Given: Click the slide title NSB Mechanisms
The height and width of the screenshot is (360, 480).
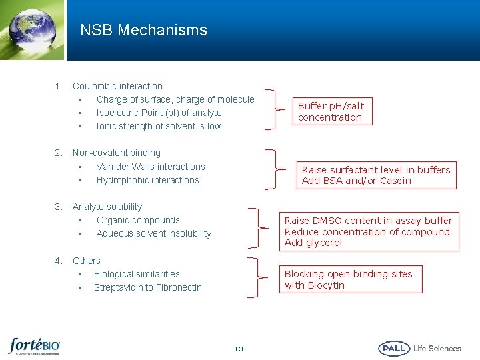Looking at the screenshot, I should pyautogui.click(x=143, y=30).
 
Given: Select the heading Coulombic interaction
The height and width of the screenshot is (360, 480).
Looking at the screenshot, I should pyautogui.click(x=117, y=86).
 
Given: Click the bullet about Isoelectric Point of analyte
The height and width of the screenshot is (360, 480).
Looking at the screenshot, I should pyautogui.click(x=159, y=113).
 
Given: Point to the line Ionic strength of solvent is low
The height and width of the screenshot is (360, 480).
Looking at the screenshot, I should pyautogui.click(x=158, y=126).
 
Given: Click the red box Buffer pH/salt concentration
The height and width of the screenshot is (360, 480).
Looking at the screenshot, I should pyautogui.click(x=331, y=111).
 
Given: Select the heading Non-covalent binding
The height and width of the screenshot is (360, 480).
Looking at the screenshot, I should pyautogui.click(x=116, y=153).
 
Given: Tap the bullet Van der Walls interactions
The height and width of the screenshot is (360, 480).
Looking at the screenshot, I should pyautogui.click(x=151, y=167).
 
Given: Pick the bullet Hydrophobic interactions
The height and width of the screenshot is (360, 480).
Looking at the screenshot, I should pyautogui.click(x=147, y=180).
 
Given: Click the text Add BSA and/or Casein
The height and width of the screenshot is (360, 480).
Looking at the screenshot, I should pyautogui.click(x=356, y=181).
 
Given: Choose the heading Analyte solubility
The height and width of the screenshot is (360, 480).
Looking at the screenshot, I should pyautogui.click(x=107, y=207).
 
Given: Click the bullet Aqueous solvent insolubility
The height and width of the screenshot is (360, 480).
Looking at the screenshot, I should pyautogui.click(x=153, y=233).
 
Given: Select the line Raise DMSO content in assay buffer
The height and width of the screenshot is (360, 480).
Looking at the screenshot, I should pyautogui.click(x=368, y=221).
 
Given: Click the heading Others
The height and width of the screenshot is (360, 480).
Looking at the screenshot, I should pyautogui.click(x=86, y=261).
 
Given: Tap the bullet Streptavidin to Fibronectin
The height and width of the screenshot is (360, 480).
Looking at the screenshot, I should pyautogui.click(x=147, y=287).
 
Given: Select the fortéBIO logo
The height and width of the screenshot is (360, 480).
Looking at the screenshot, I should pyautogui.click(x=34, y=346).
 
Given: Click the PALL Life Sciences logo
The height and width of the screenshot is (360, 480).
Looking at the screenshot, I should pyautogui.click(x=419, y=348).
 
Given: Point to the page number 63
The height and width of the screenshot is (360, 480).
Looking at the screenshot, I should pyautogui.click(x=239, y=349).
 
